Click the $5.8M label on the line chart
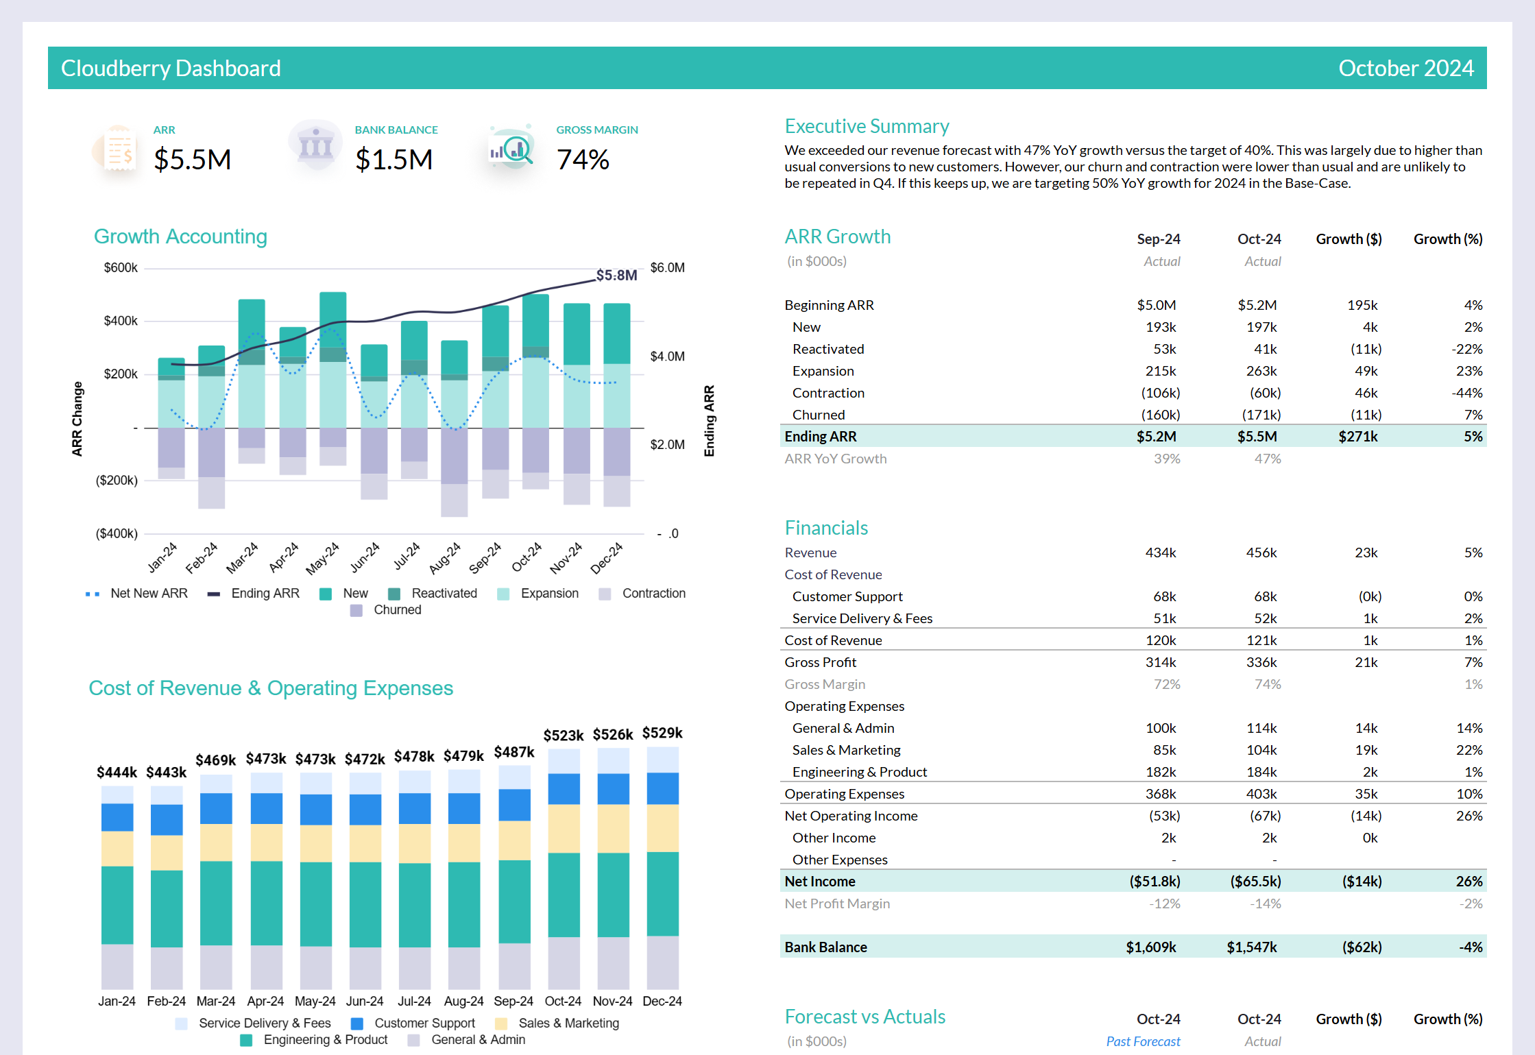pyautogui.click(x=616, y=275)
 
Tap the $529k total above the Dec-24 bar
pyautogui.click(x=662, y=733)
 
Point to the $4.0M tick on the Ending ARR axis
pyautogui.click(x=667, y=356)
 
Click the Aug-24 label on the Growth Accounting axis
pyautogui.click(x=444, y=557)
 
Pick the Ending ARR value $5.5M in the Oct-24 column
pyautogui.click(x=1257, y=437)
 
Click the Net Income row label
pyautogui.click(x=819, y=882)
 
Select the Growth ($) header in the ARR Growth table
pyautogui.click(x=1348, y=239)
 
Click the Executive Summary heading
pyautogui.click(x=867, y=126)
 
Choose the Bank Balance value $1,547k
pyautogui.click(x=1251, y=947)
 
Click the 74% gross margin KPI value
pyautogui.click(x=583, y=160)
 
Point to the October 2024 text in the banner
pyautogui.click(x=1405, y=68)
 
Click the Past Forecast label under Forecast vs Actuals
pyautogui.click(x=1143, y=1041)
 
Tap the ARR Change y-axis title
pyautogui.click(x=77, y=419)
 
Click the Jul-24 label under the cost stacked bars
pyautogui.click(x=414, y=1001)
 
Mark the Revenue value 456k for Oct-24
pyautogui.click(x=1261, y=553)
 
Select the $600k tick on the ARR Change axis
pyautogui.click(x=121, y=267)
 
